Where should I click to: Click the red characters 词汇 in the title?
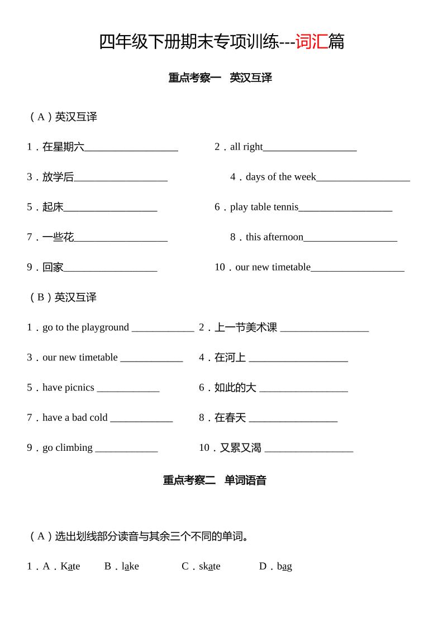pyautogui.click(x=311, y=42)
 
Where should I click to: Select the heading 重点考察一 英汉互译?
pyautogui.click(x=220, y=78)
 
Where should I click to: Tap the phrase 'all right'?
pyautogui.click(x=246, y=147)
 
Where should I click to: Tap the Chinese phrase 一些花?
pyautogui.click(x=58, y=237)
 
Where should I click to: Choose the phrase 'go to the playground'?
pyautogui.click(x=85, y=328)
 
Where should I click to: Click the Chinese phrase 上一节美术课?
pyautogui.click(x=246, y=328)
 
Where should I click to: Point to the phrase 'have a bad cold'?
pyautogui.click(x=75, y=417)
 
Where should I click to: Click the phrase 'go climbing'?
pyautogui.click(x=68, y=447)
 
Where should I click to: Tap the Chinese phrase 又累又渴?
pyautogui.click(x=240, y=447)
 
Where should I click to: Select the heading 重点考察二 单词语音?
pyautogui.click(x=215, y=480)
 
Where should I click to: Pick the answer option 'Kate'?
pyautogui.click(x=70, y=566)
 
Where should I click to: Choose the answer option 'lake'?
pyautogui.click(x=130, y=566)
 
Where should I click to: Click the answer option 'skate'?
pyautogui.click(x=209, y=566)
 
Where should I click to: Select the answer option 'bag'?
pyautogui.click(x=284, y=566)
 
